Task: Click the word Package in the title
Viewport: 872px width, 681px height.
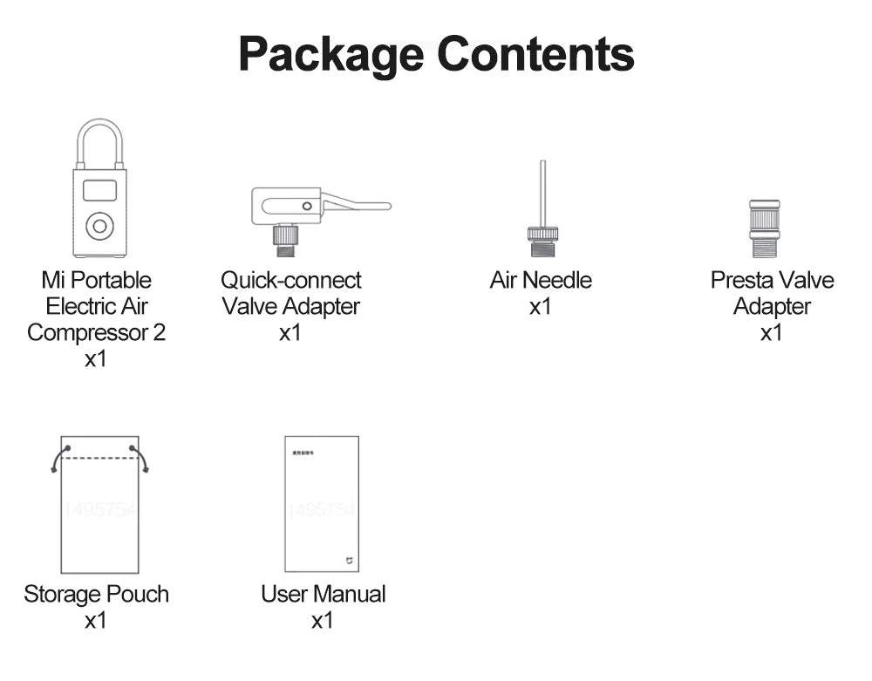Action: click(331, 54)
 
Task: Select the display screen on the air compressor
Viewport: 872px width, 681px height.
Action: click(99, 189)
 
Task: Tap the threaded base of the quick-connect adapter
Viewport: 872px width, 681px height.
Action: click(284, 241)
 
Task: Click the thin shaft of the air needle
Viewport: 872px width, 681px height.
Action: click(542, 192)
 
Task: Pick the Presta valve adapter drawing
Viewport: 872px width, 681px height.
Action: click(764, 228)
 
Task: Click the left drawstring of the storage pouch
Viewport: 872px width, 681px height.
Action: click(58, 459)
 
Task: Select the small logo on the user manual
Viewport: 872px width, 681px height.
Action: click(349, 559)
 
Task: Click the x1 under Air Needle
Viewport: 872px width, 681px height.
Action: click(541, 307)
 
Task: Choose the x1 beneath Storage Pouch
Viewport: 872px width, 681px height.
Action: click(96, 621)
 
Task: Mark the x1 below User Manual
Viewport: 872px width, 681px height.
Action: click(323, 621)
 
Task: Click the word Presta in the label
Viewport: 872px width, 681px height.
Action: click(739, 281)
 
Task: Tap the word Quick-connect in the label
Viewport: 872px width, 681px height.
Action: click(290, 281)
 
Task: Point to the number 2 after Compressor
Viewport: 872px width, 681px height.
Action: click(159, 333)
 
